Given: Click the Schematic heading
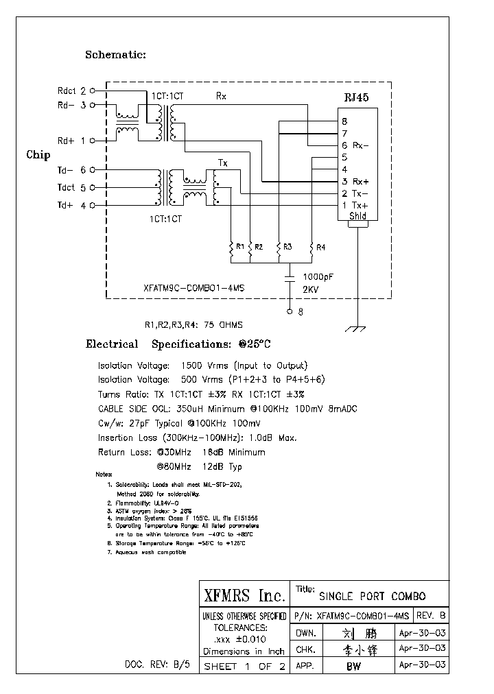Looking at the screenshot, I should (115, 55).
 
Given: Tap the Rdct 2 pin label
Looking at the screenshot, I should (71, 90).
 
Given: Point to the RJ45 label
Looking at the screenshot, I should (356, 98).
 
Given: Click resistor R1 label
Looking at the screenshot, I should (239, 246).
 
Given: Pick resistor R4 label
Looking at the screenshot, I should (321, 246).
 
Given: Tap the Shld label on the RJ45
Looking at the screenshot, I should (357, 216).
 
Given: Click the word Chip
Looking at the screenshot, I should (38, 155).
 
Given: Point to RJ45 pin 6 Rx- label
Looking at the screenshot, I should (355, 145).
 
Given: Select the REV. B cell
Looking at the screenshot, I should (430, 616).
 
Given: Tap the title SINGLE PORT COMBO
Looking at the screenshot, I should (373, 596).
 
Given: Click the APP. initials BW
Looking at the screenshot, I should (353, 666).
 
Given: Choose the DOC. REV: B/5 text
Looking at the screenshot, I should (160, 665).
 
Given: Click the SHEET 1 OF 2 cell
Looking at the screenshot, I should (244, 666).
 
